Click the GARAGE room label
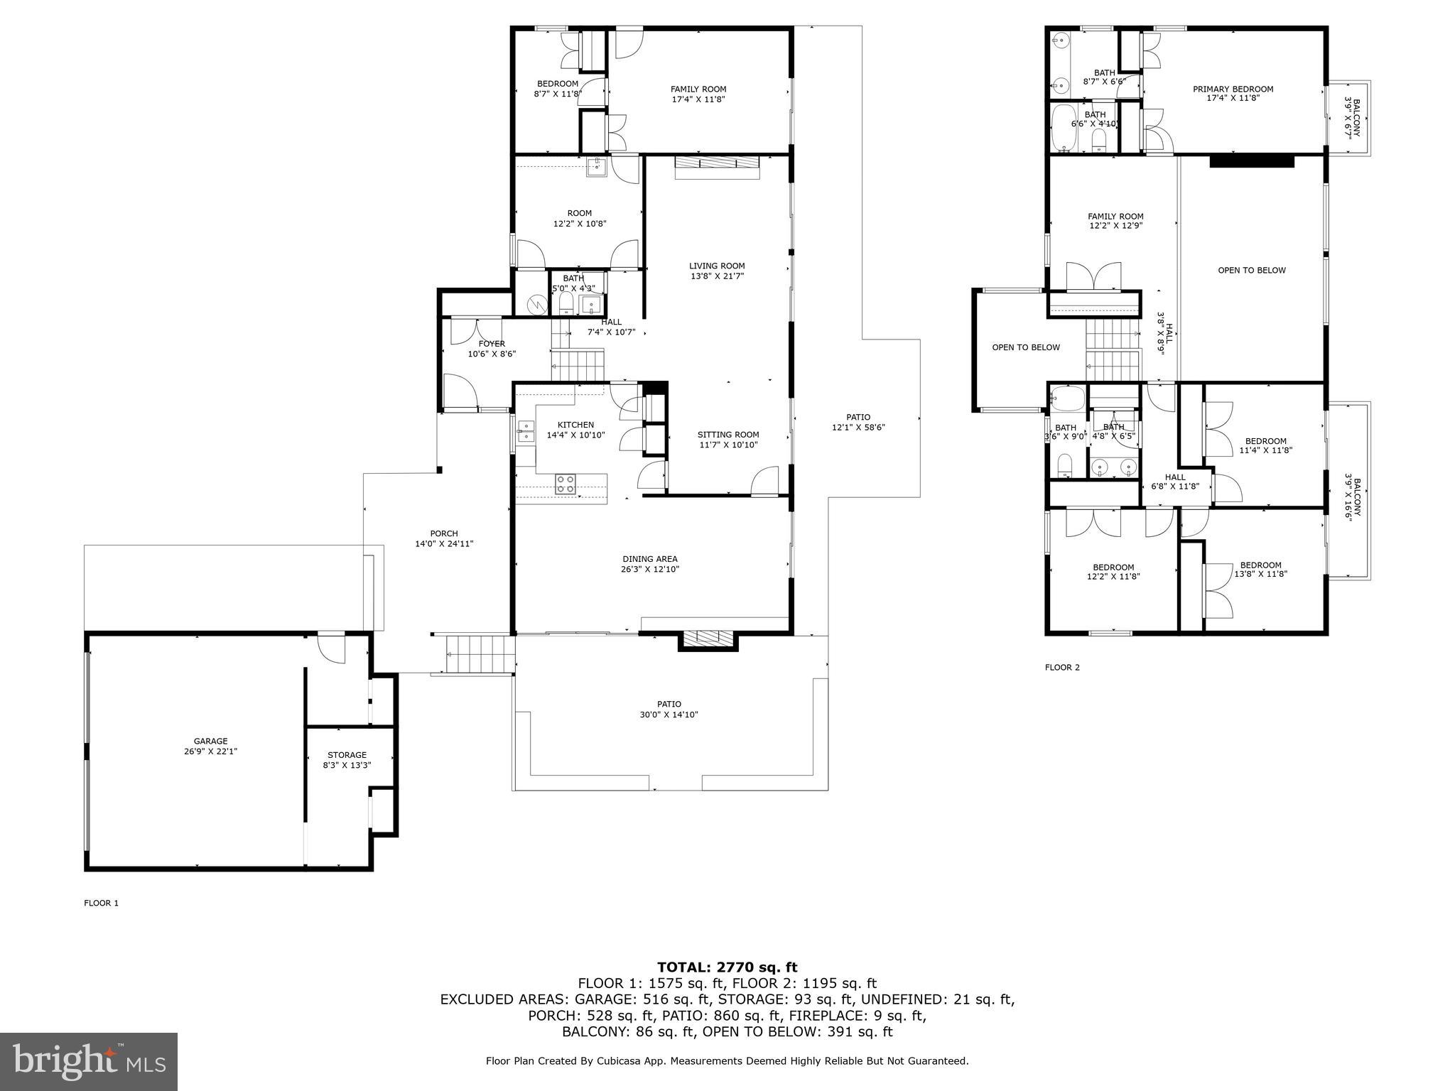tap(210, 741)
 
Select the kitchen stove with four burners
tap(566, 484)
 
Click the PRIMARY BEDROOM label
tap(1233, 89)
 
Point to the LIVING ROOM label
tap(717, 266)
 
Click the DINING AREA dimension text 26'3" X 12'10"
tap(650, 569)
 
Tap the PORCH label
tap(444, 533)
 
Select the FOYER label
tap(492, 344)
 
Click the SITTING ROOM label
tap(728, 435)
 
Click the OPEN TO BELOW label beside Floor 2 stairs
tap(1025, 347)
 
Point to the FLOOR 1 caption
tap(101, 903)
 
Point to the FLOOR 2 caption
tap(1062, 667)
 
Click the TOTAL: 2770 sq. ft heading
tap(727, 967)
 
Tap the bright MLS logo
tap(89, 1061)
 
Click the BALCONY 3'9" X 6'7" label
tap(1351, 118)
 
